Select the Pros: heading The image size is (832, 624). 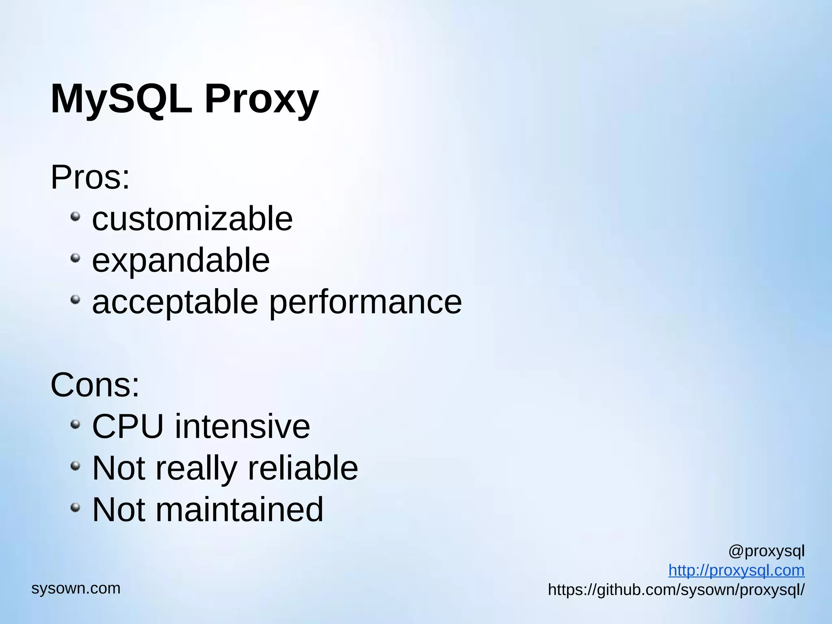[90, 177]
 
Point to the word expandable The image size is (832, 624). [181, 260]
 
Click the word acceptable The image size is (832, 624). [175, 302]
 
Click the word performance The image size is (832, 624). [366, 302]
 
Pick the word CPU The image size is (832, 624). [128, 426]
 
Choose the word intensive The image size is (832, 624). [243, 426]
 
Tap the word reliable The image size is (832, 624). [303, 468]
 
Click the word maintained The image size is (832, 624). [240, 509]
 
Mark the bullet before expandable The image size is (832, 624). [75, 258]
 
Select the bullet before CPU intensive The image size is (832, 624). [75, 425]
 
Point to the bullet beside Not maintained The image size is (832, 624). [75, 507]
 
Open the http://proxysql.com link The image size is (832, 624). [736, 570]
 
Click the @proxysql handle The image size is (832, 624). [766, 551]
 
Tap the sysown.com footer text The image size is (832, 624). [76, 588]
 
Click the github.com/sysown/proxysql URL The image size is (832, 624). [676, 590]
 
